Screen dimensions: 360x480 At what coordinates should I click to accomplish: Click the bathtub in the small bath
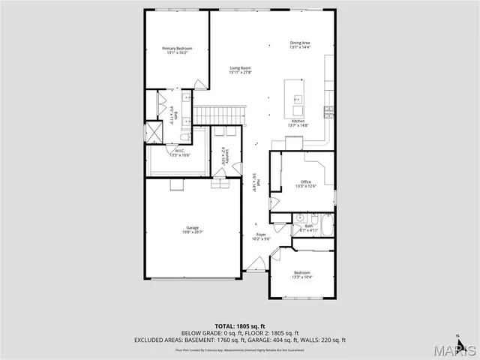coord(325,226)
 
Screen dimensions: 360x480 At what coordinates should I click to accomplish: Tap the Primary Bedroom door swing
coord(199,85)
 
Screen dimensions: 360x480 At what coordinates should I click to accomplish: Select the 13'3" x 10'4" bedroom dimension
coord(301,277)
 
